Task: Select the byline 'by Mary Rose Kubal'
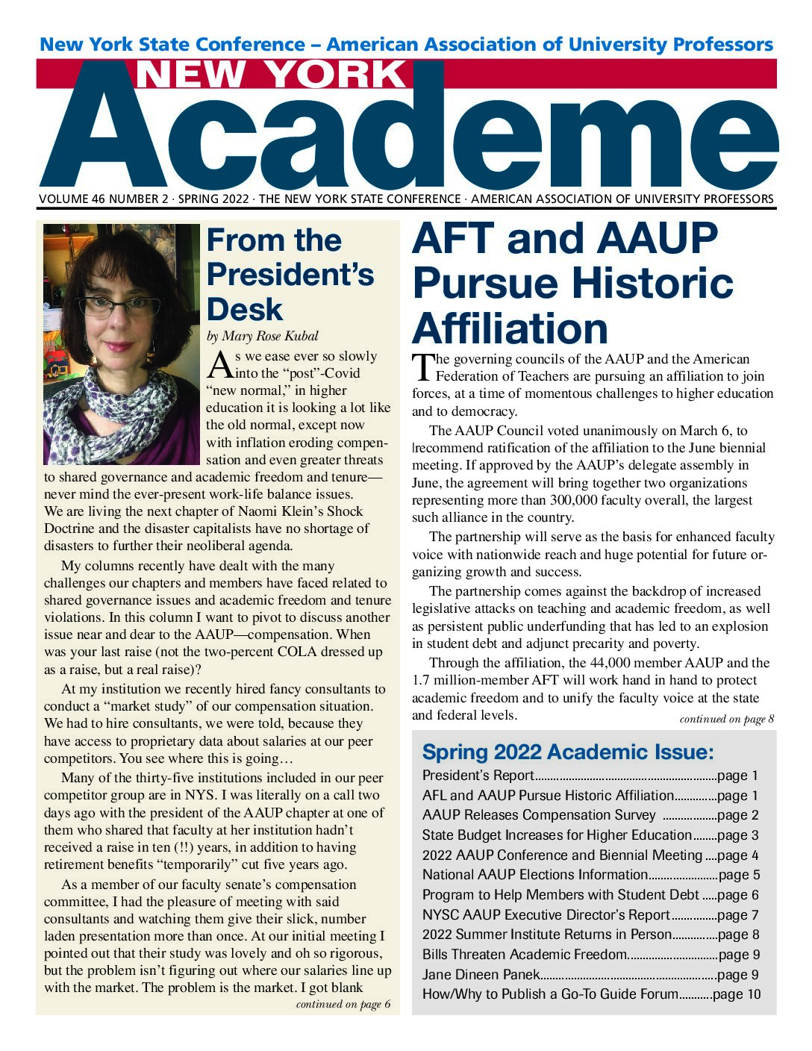[x=262, y=337]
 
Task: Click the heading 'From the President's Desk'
[x=290, y=275]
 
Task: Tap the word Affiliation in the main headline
[x=510, y=328]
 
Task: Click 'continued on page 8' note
[x=726, y=720]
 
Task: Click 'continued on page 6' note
[x=343, y=1005]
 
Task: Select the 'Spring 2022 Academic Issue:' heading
[x=568, y=752]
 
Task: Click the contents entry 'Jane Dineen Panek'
[x=480, y=975]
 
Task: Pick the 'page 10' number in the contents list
[x=737, y=994]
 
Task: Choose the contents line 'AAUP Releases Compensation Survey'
[x=538, y=816]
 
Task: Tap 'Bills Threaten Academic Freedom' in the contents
[x=524, y=955]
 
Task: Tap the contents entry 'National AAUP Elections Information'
[x=534, y=875]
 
